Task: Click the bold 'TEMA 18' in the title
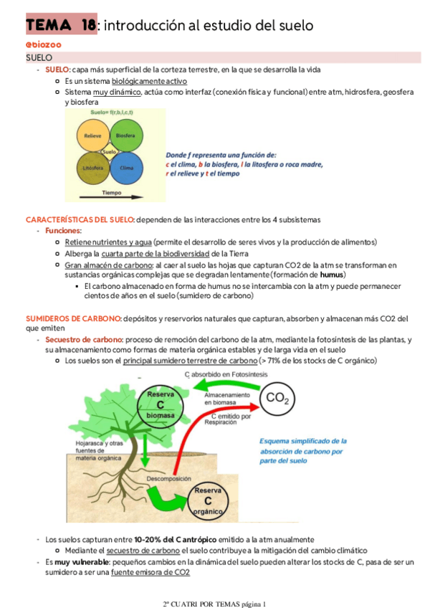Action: [60, 27]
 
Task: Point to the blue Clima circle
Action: [126, 167]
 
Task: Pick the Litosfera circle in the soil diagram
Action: [93, 168]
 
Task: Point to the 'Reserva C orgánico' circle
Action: [209, 500]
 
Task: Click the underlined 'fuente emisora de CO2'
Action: [150, 572]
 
